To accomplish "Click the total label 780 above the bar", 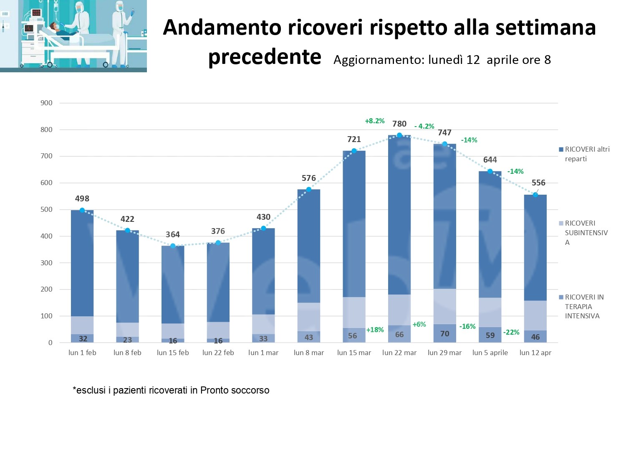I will [399, 124].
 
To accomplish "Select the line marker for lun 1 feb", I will [82, 210].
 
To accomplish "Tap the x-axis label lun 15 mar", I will [354, 353].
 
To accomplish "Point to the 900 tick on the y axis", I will [46, 103].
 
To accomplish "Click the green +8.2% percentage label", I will [374, 121].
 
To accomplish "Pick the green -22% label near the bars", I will [511, 332].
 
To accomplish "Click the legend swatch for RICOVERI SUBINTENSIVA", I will [561, 223].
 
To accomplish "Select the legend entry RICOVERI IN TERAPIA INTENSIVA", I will [584, 306].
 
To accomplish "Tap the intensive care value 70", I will [444, 333].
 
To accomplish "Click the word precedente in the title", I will [265, 57].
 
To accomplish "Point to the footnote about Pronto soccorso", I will [171, 390].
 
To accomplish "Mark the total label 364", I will [172, 234].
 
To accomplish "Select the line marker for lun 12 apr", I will [535, 195].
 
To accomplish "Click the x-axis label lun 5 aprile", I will [490, 353].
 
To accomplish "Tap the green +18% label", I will [375, 330].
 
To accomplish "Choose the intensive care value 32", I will [83, 339].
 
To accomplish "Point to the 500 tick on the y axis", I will [46, 209].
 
